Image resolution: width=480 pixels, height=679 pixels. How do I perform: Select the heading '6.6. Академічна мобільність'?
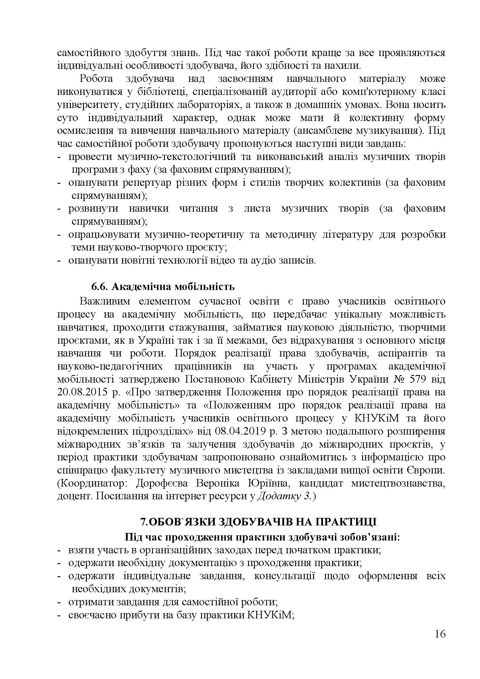tap(163, 287)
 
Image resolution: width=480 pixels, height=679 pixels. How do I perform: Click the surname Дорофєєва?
tap(163, 483)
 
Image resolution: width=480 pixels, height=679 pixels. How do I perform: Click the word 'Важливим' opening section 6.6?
tap(105, 301)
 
